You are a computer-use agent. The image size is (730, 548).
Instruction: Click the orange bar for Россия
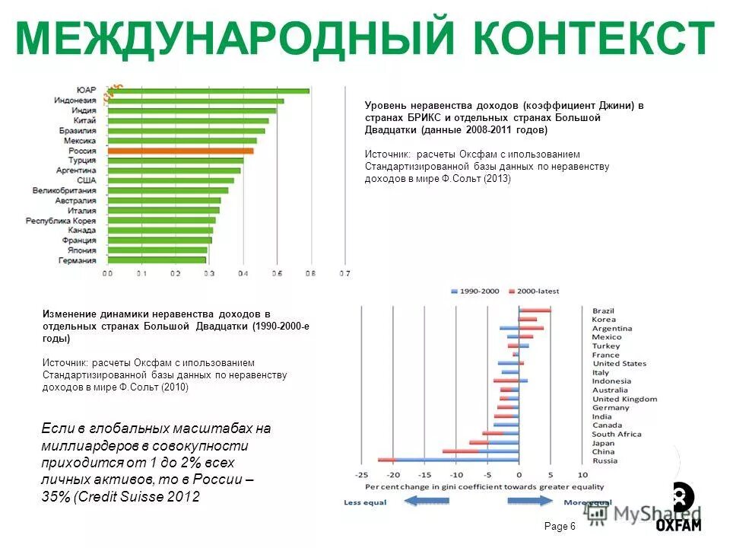click(180, 151)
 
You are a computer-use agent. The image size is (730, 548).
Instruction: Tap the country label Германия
click(77, 260)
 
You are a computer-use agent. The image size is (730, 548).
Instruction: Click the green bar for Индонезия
click(195, 100)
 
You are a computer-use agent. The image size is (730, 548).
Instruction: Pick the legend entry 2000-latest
click(538, 291)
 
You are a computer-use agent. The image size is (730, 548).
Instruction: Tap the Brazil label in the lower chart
click(603, 311)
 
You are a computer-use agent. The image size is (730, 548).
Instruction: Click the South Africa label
click(617, 434)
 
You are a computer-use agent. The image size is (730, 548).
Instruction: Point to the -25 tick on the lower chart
click(360, 475)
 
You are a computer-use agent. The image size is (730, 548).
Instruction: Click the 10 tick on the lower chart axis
click(582, 475)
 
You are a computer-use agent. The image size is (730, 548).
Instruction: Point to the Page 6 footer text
click(560, 527)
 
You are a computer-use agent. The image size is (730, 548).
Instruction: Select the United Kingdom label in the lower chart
click(624, 399)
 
